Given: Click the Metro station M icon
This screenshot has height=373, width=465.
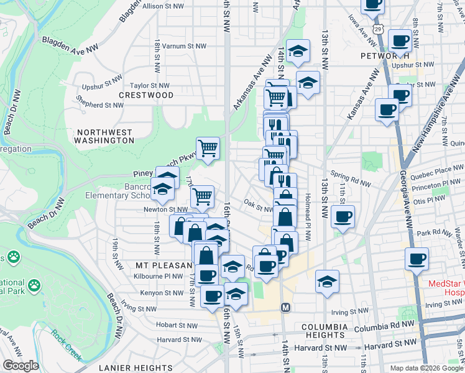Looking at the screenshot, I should pyautogui.click(x=286, y=308).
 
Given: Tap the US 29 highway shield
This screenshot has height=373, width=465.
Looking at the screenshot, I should pyautogui.click(x=379, y=29).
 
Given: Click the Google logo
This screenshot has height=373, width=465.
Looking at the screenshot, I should pyautogui.click(x=21, y=366).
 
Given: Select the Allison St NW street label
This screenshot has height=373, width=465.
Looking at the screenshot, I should pyautogui.click(x=163, y=6).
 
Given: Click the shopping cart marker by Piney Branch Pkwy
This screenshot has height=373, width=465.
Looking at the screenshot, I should pyautogui.click(x=208, y=149).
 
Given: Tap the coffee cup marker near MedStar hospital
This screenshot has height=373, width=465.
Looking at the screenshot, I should pyautogui.click(x=417, y=259).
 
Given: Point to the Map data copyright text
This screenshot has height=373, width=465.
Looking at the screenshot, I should pyautogui.click(x=426, y=367).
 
